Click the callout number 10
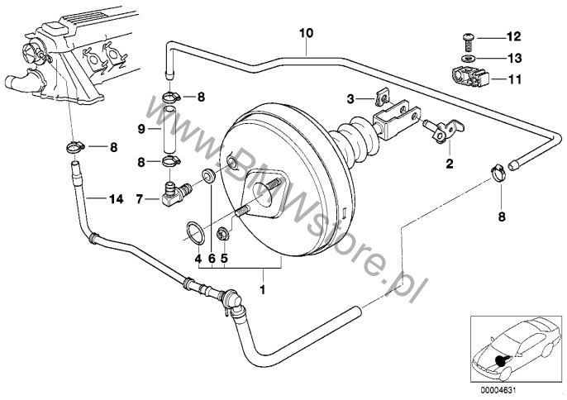click(x=307, y=33)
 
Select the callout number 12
click(x=513, y=36)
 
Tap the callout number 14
click(x=115, y=198)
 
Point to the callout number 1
click(x=263, y=290)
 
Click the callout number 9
click(x=141, y=128)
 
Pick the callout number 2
click(x=450, y=164)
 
